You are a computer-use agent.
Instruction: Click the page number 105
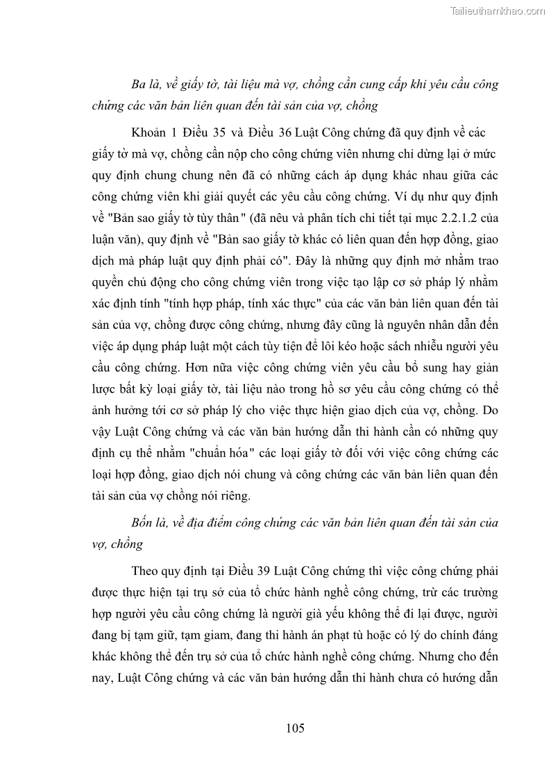295,728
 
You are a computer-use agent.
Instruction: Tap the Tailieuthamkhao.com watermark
498,11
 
